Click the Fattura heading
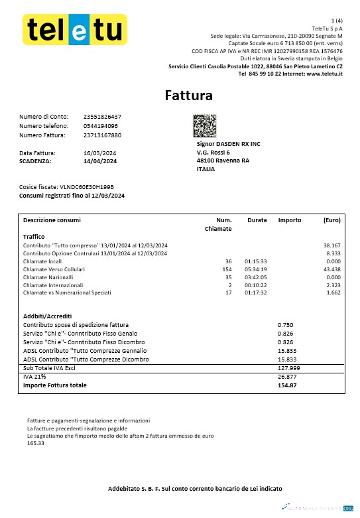tap(189, 96)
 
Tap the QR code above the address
tap(205, 125)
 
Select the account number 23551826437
tap(102, 117)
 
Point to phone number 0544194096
tap(101, 126)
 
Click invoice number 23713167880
tap(102, 135)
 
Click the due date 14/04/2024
tap(100, 161)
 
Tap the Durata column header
tap(257, 220)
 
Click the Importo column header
tap(289, 220)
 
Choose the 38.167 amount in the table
tap(331, 245)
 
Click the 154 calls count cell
tap(227, 270)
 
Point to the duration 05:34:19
tap(255, 270)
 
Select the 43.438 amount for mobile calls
tap(331, 270)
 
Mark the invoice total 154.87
tap(286, 385)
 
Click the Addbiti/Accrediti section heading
tap(47, 316)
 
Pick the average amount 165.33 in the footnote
tap(36, 443)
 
